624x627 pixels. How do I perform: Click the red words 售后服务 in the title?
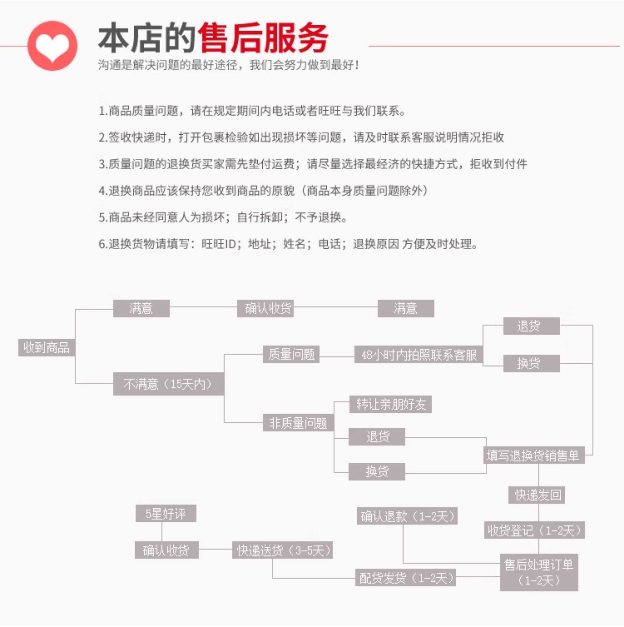[263, 38]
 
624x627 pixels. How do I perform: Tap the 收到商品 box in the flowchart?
[46, 347]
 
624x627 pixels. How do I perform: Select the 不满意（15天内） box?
[168, 384]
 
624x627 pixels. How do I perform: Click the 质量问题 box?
[291, 354]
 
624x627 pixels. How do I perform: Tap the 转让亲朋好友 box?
[390, 404]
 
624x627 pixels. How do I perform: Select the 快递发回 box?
[536, 495]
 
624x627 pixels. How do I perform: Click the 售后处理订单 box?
[539, 572]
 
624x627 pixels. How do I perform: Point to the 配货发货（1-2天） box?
[406, 578]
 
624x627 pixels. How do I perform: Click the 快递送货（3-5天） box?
[282, 550]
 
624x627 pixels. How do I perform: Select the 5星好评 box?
[166, 514]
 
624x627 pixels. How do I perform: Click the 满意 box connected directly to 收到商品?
[141, 308]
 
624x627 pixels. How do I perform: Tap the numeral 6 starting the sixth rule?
[102, 244]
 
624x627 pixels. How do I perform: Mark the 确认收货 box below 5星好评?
[167, 550]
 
